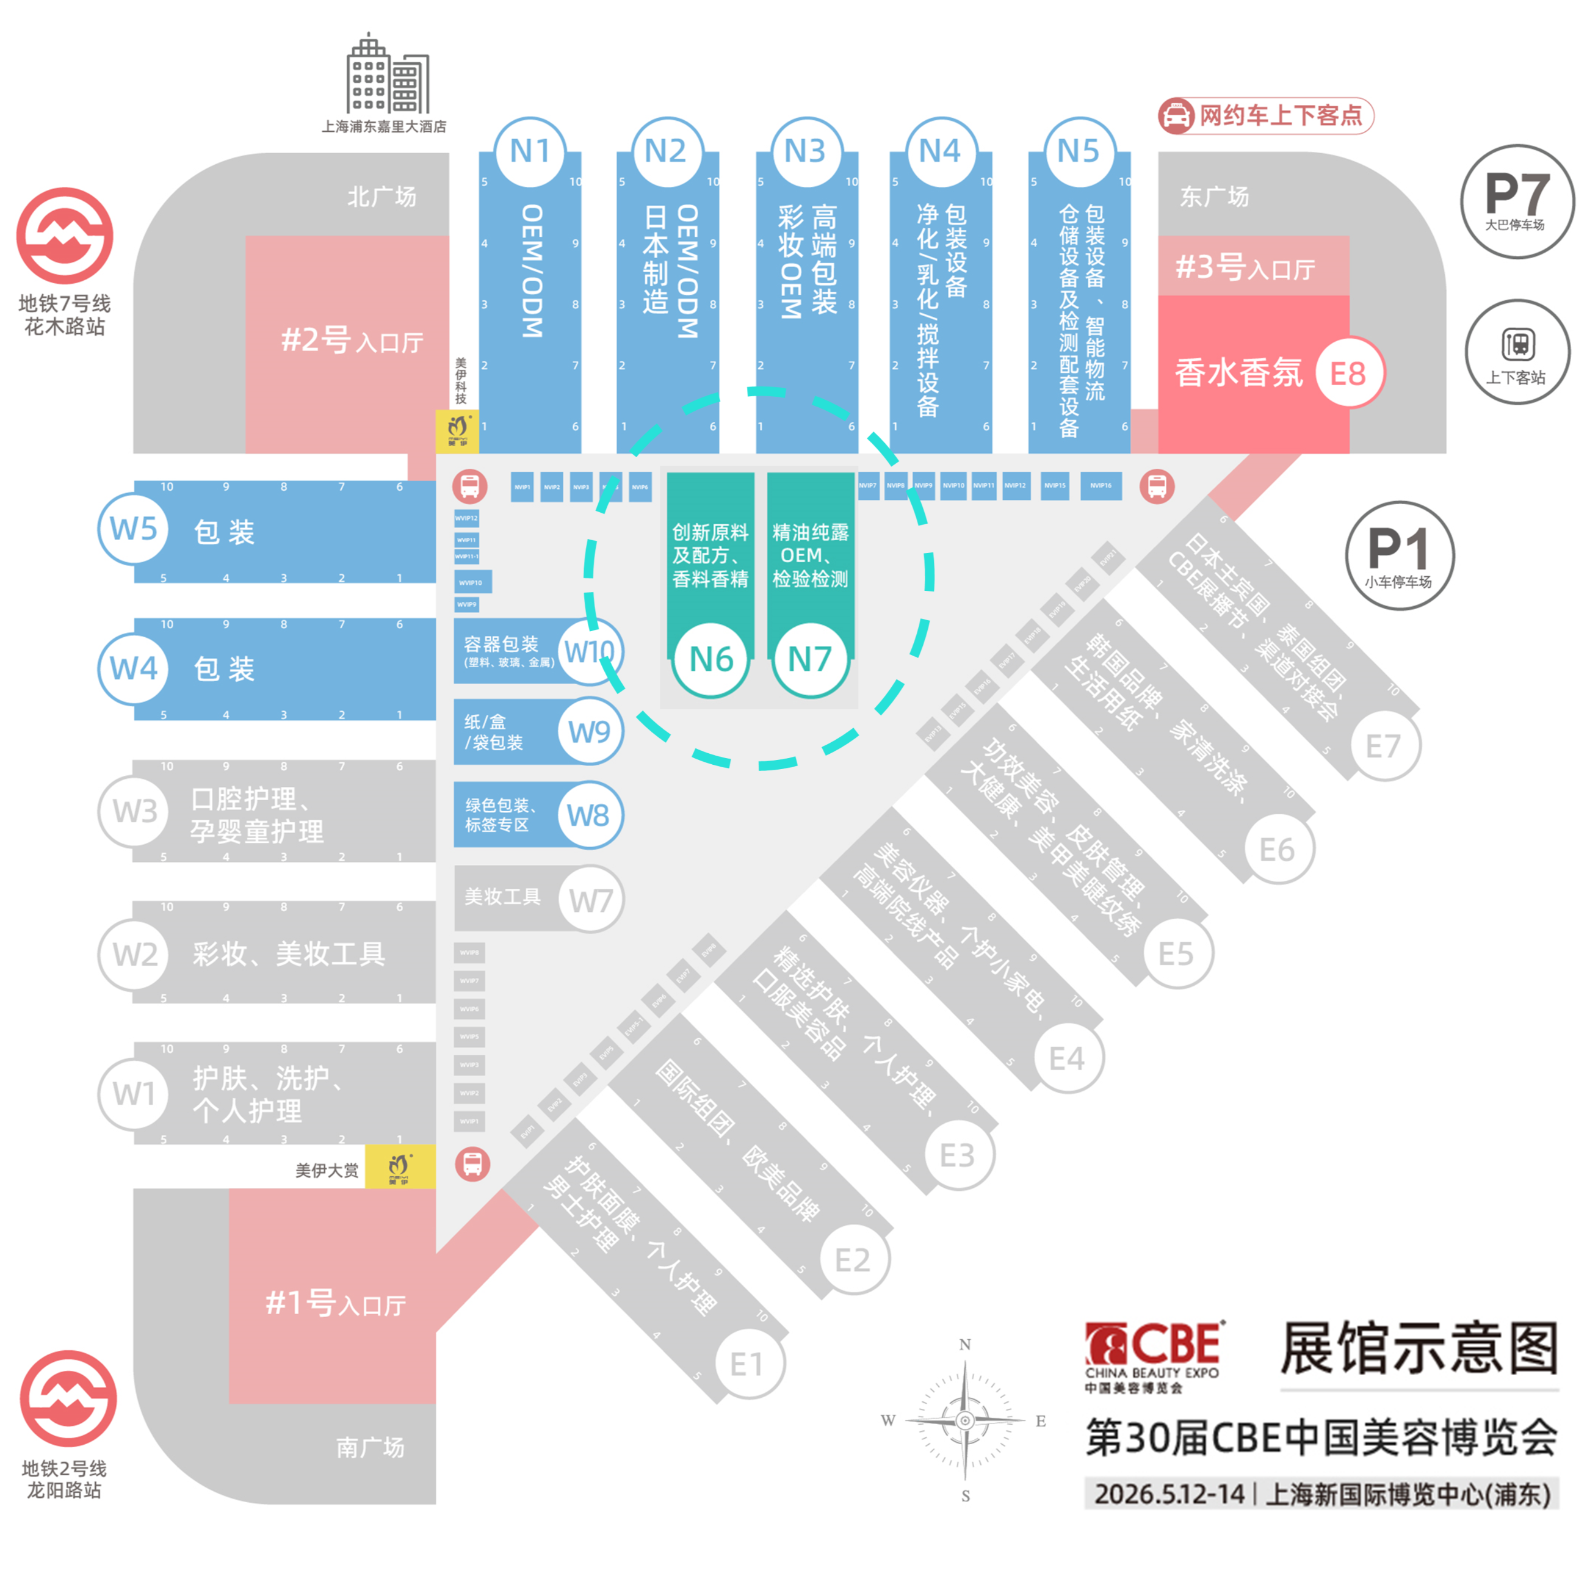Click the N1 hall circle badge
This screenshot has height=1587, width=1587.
(x=530, y=152)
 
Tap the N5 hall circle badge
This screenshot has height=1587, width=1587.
(x=1079, y=152)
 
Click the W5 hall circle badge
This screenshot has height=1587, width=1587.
(x=134, y=529)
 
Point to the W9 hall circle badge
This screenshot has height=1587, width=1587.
(x=590, y=732)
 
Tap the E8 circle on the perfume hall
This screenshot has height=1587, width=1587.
(x=1348, y=374)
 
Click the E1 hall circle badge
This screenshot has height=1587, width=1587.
(x=748, y=1364)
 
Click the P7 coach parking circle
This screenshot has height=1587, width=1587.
(x=1516, y=201)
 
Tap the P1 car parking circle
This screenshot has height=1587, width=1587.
(x=1399, y=556)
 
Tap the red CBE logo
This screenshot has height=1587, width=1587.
(x=1154, y=1345)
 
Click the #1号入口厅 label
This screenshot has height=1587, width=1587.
(x=335, y=1304)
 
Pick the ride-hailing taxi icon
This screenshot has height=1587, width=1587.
(x=1176, y=116)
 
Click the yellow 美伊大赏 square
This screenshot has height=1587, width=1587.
(x=400, y=1167)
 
